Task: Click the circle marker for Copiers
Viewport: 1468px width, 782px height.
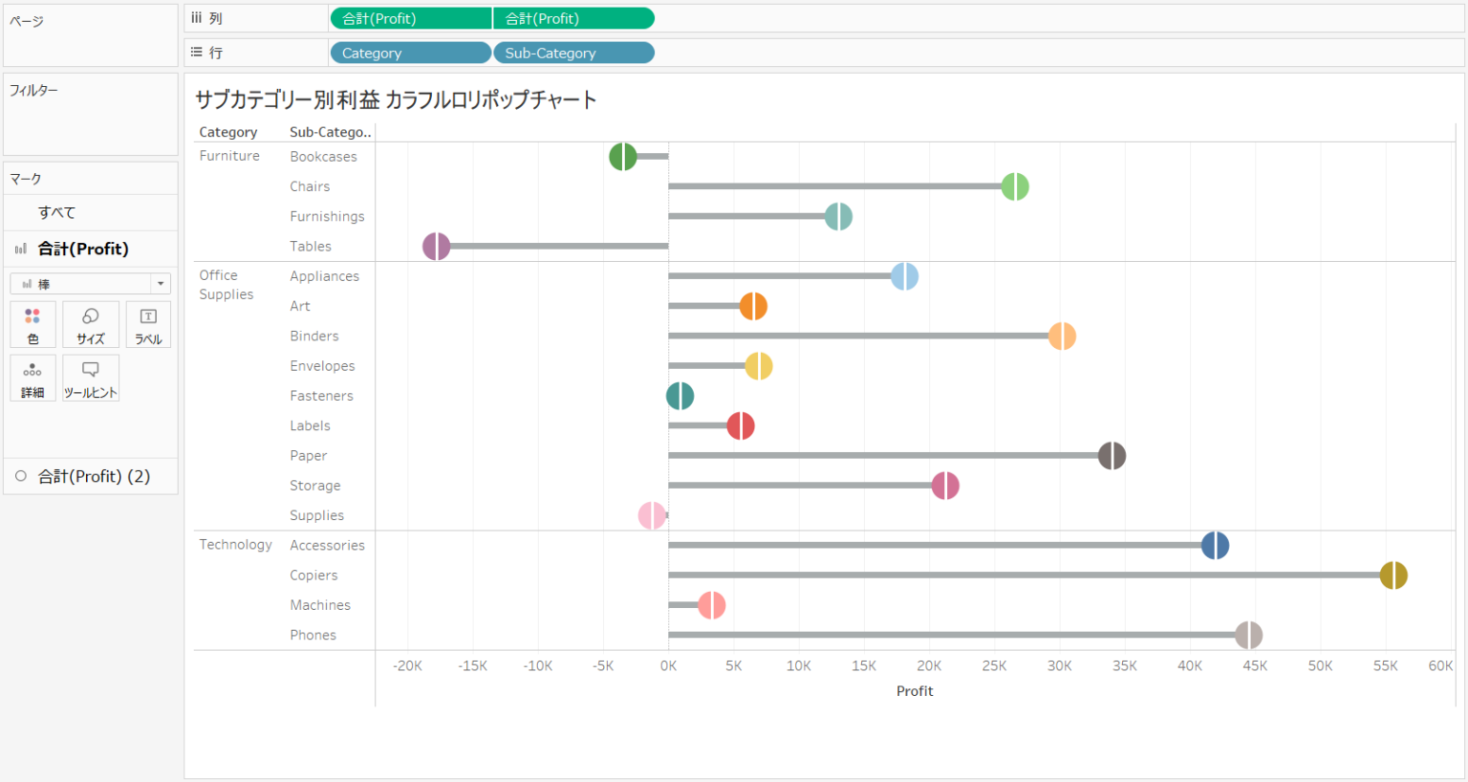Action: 1393,576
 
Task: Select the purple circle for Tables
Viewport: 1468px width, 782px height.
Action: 436,247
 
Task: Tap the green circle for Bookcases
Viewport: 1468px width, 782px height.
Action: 622,157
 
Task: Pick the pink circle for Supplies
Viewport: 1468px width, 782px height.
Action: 652,515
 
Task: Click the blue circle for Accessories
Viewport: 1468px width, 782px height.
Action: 1215,546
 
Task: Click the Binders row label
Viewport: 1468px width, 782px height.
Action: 314,337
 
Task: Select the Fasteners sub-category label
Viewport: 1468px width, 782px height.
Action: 321,396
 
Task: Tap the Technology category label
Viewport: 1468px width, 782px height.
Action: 235,545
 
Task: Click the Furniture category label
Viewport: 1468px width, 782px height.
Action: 229,156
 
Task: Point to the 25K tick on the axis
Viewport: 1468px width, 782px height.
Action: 994,666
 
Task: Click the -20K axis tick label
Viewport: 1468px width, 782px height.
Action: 407,666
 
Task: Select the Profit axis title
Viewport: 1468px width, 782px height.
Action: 914,691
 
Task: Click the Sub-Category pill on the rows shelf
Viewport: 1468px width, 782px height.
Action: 572,54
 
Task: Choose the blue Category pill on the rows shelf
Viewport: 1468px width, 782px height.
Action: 410,54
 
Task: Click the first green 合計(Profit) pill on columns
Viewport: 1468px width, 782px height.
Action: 410,19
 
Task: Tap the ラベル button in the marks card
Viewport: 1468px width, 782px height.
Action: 148,325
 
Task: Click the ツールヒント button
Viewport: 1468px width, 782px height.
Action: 91,379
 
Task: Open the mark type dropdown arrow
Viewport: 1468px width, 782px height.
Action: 161,284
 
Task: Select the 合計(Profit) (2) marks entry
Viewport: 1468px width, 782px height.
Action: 94,476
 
